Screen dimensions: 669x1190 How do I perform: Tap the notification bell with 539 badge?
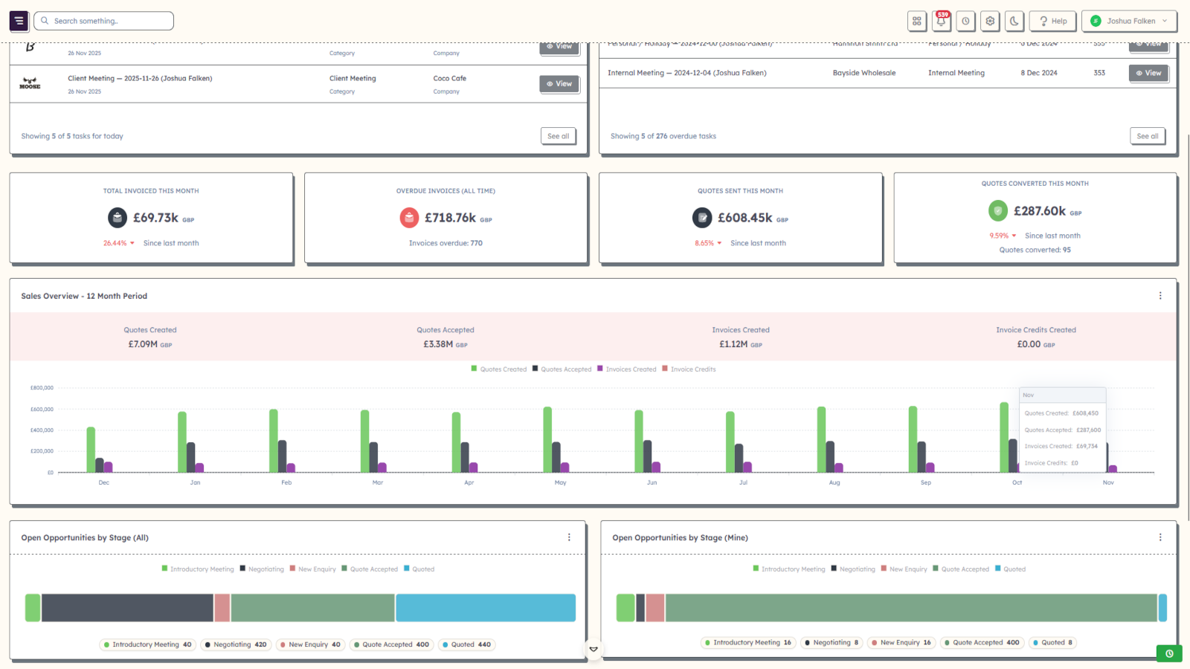941,21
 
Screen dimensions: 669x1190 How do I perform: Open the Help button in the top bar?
1053,21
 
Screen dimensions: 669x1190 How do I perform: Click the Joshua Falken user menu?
1129,21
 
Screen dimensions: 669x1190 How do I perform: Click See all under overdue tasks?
1148,136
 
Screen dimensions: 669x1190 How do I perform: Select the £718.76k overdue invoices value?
450,218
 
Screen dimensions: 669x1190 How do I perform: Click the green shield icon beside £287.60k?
998,211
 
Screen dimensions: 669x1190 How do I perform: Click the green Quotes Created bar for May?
547,439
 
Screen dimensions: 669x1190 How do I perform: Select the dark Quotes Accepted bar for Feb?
282,456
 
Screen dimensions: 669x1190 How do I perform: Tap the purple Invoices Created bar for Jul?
747,467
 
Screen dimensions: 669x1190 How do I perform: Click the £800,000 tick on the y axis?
42,388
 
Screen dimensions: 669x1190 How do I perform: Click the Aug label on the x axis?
834,482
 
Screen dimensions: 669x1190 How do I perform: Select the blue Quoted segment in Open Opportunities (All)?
485,607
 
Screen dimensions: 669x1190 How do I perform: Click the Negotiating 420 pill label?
236,644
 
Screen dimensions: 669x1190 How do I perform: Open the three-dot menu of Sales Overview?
1160,296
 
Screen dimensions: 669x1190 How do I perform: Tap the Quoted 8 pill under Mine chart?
1052,642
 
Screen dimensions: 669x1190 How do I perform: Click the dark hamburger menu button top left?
19,21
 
